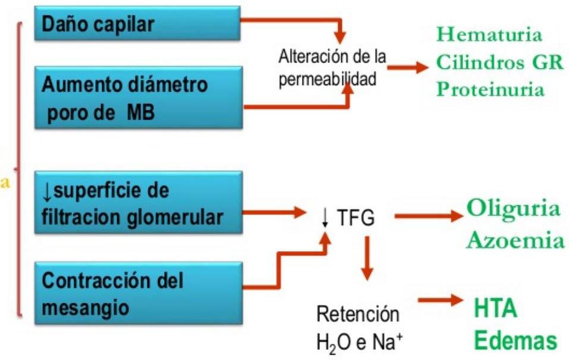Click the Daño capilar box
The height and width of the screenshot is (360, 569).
coord(137,24)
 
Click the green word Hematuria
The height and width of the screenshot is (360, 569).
coord(490,35)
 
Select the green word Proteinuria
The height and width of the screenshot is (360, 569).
coord(490,89)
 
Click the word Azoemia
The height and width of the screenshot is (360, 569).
coord(515,241)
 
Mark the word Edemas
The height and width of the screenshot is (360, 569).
coord(515,342)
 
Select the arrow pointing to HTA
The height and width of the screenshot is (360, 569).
coord(440,301)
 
